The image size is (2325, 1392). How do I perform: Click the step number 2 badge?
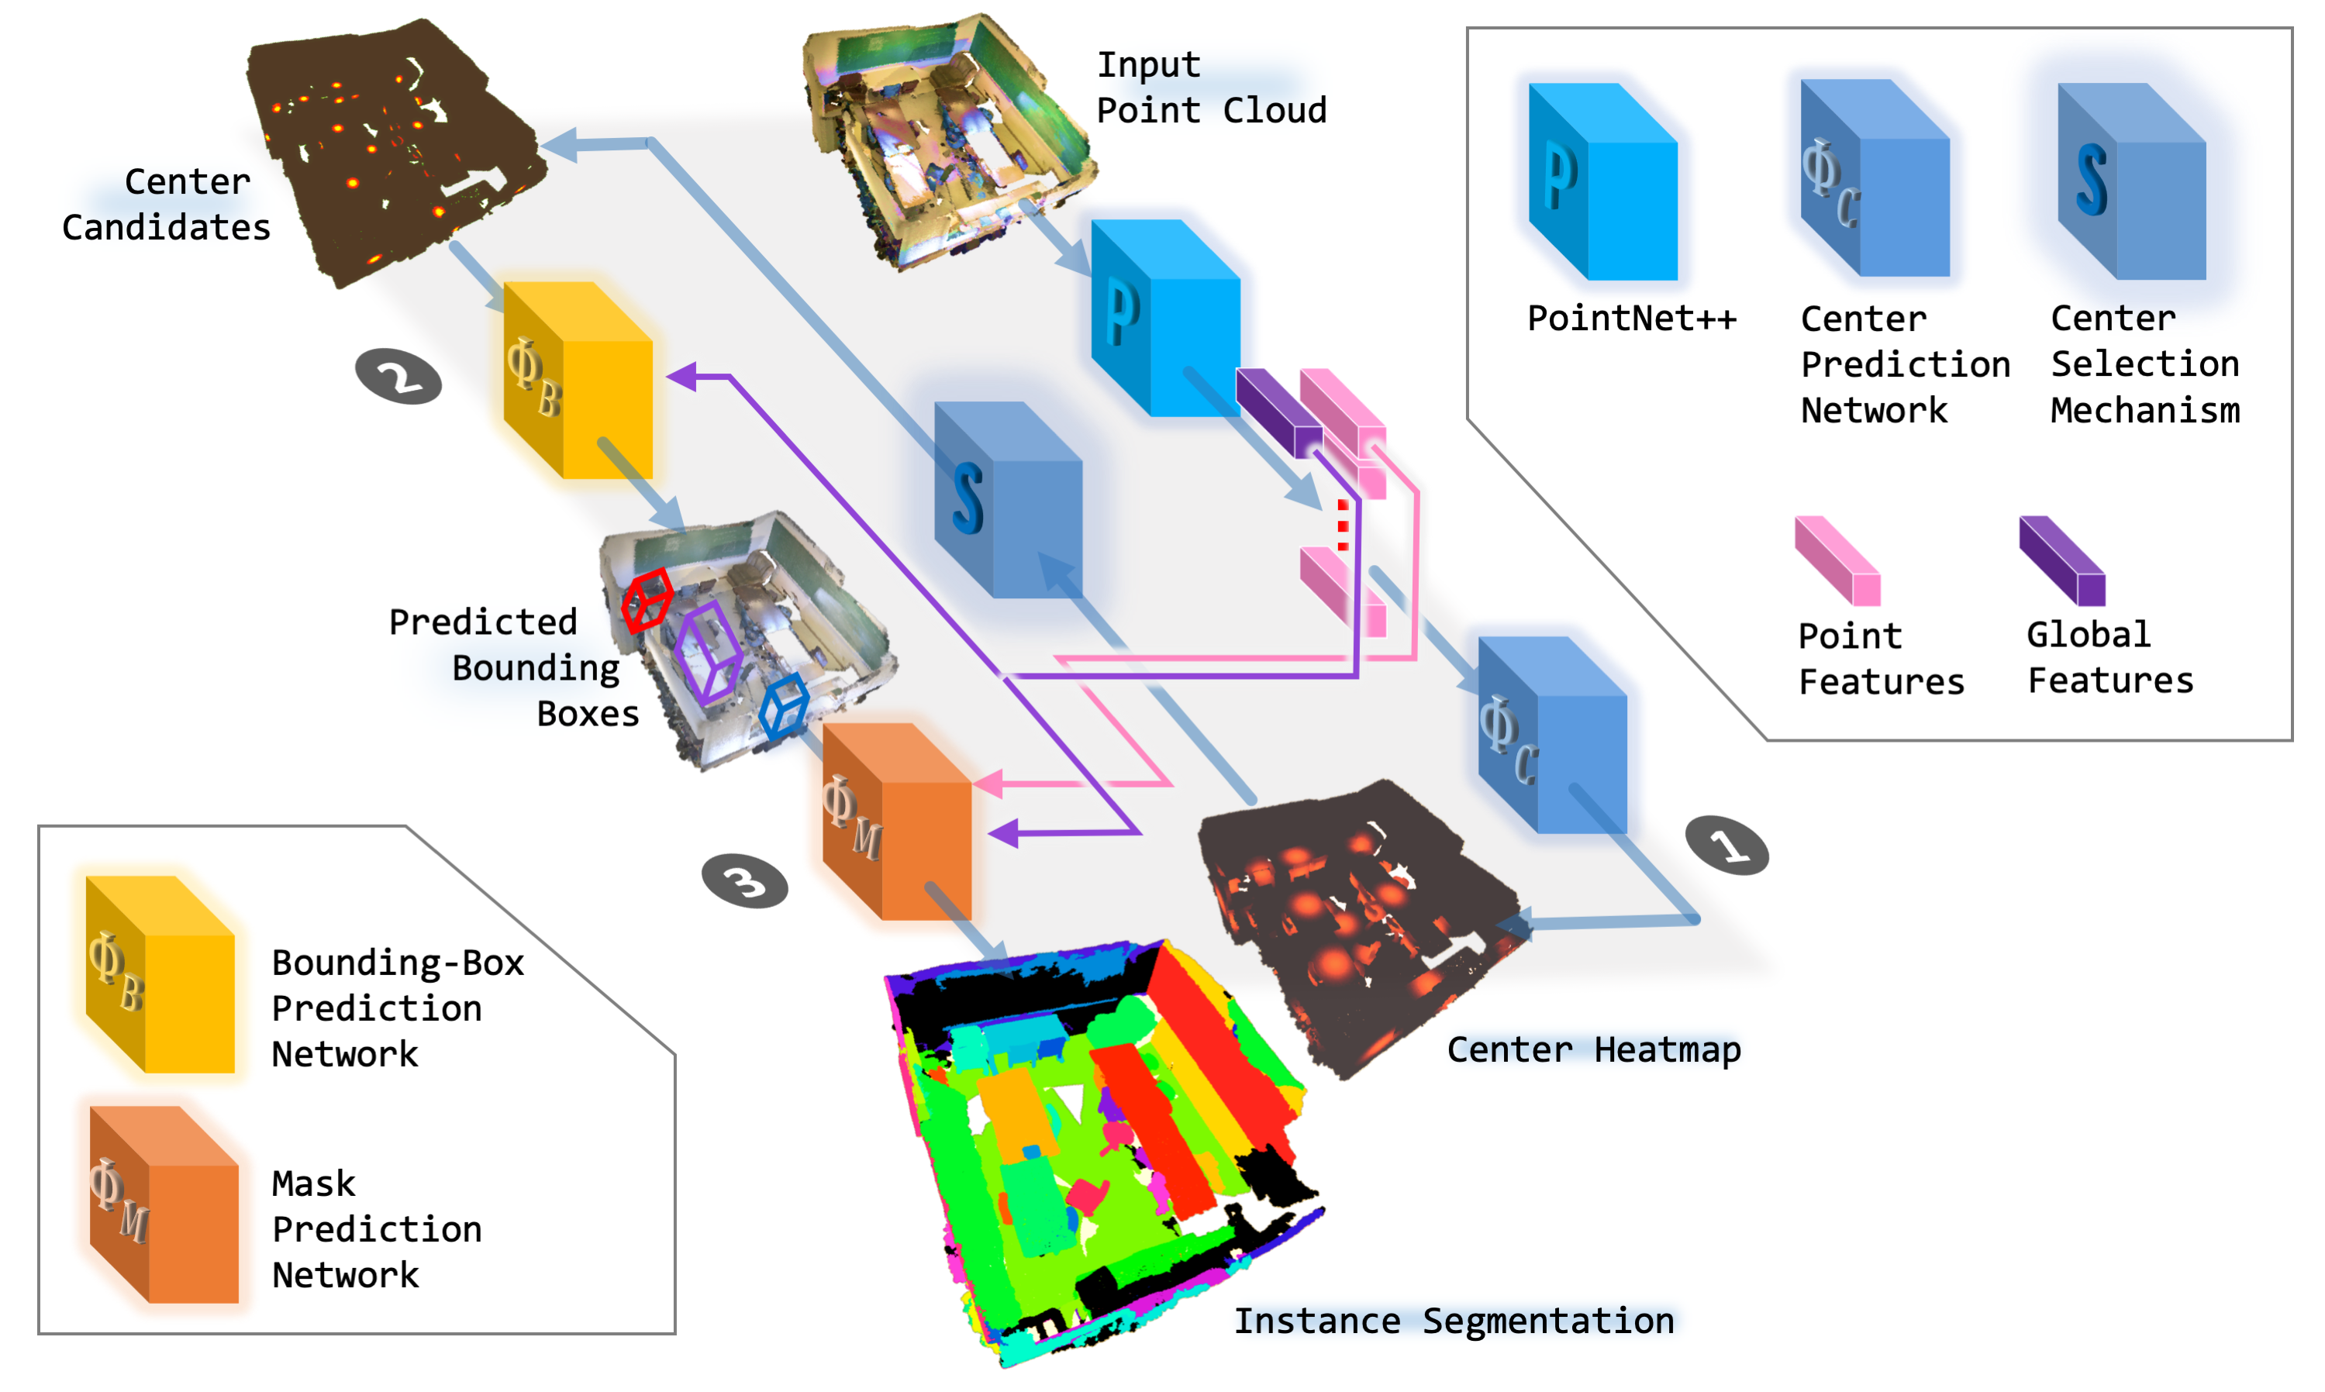click(398, 376)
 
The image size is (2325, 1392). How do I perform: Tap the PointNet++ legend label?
click(1630, 319)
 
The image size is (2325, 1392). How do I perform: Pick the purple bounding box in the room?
click(709, 652)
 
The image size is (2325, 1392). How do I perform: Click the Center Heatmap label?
click(1592, 1049)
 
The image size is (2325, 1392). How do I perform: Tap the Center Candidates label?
click(166, 205)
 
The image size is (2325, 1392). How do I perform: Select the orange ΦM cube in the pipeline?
click(896, 822)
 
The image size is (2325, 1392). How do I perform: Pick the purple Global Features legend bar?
click(2061, 560)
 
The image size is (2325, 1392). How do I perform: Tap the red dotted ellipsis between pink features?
click(1343, 525)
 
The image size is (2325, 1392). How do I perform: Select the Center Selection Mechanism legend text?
click(2144, 364)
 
